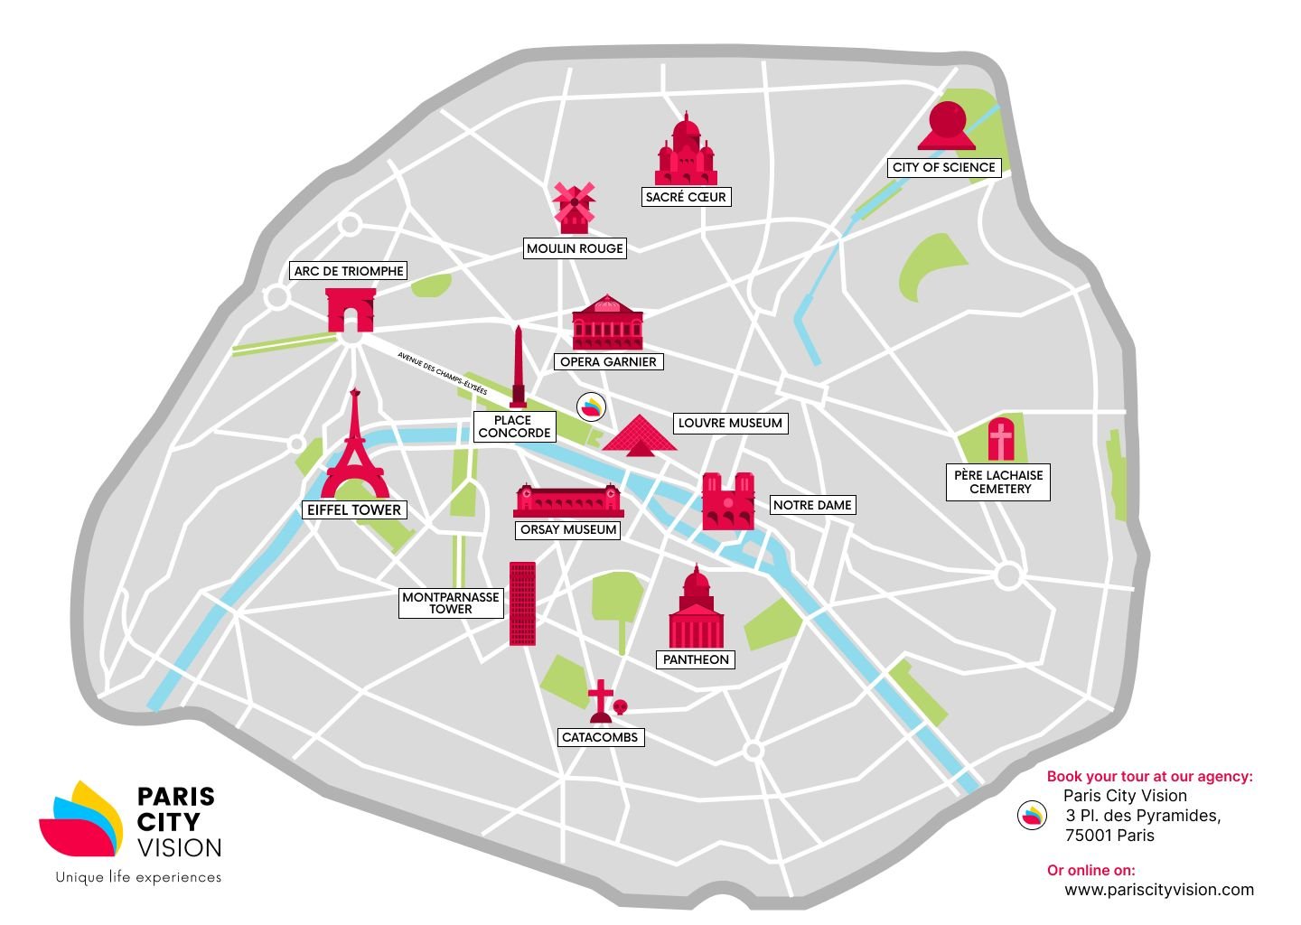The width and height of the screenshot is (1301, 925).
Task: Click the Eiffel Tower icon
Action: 356,447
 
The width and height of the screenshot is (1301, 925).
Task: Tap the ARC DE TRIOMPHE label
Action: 349,271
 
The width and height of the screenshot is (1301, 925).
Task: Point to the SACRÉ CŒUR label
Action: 686,197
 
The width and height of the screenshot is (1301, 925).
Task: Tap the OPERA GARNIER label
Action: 608,361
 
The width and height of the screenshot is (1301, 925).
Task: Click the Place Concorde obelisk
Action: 518,369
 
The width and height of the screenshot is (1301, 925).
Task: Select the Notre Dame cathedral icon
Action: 728,501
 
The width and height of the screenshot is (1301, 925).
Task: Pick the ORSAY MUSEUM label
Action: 568,530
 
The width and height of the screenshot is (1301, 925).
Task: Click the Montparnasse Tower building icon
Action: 522,603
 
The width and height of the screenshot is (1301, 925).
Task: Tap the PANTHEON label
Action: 696,659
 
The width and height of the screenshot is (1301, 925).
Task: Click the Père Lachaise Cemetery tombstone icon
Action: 1001,440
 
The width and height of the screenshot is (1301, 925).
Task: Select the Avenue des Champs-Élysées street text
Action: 442,374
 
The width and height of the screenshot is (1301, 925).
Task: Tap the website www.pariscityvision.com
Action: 1159,890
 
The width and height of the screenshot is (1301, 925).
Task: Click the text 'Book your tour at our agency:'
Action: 1149,776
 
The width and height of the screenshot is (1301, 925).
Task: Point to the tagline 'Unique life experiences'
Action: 138,877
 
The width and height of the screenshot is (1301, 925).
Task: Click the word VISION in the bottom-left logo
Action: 179,847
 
